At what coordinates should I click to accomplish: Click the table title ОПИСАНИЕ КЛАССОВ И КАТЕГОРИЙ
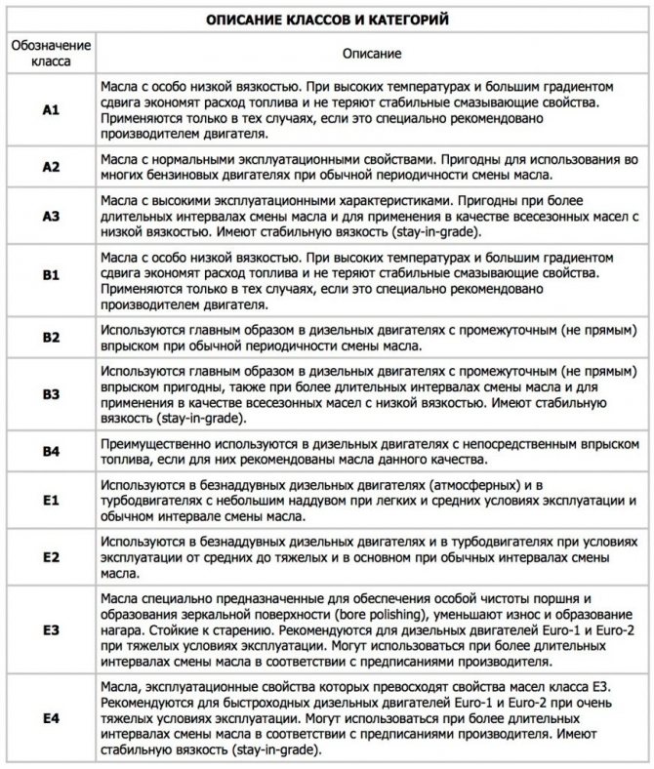coord(328,19)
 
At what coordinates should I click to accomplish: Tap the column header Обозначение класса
coord(51,54)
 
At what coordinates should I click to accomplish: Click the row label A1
coord(51,110)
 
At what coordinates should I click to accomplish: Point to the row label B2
coord(51,337)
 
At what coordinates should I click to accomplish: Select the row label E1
coord(51,501)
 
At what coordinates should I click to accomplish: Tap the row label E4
coord(51,719)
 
